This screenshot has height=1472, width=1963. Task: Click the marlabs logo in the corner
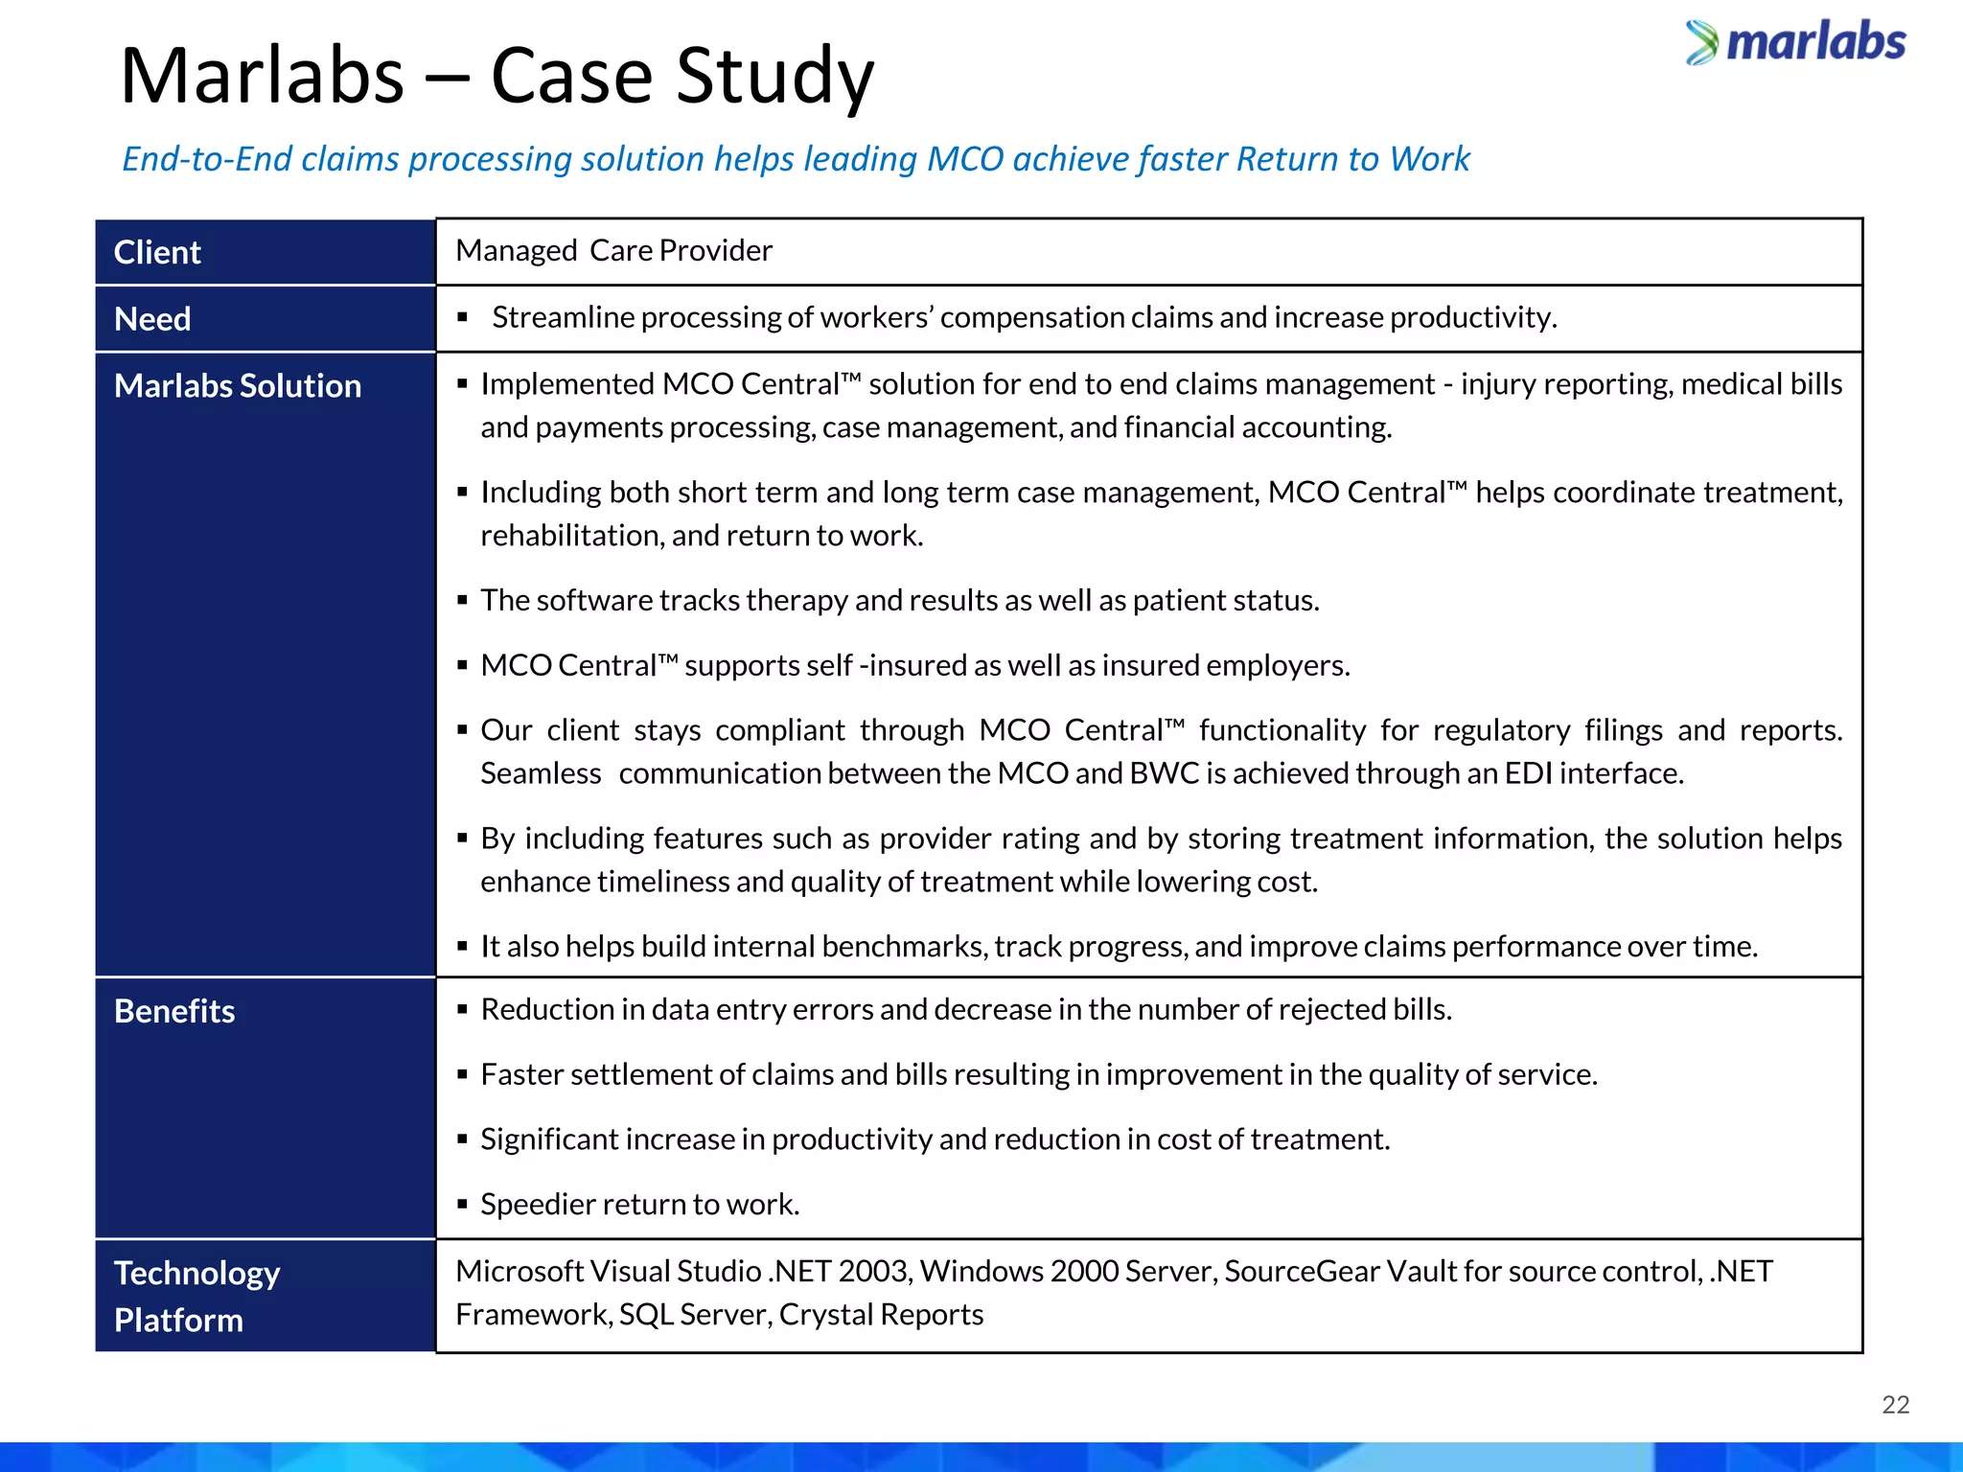[x=1796, y=43]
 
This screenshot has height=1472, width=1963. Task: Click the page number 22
[x=1895, y=1405]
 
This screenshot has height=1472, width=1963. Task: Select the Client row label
[x=157, y=252]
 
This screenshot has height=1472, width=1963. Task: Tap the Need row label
[x=152, y=319]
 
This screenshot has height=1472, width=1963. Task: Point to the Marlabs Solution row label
[x=238, y=385]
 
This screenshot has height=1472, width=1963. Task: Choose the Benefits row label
[x=174, y=1011]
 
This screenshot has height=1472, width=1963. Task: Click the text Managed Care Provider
[x=613, y=250]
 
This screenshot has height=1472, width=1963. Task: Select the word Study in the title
[x=774, y=77]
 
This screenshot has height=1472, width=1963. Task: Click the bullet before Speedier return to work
[x=462, y=1204]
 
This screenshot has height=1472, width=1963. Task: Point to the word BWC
[x=1164, y=773]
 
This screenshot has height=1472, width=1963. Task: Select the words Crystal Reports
[x=881, y=1315]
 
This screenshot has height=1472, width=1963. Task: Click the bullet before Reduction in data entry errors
[x=462, y=1009]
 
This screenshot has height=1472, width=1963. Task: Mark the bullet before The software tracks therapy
[x=462, y=601]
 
